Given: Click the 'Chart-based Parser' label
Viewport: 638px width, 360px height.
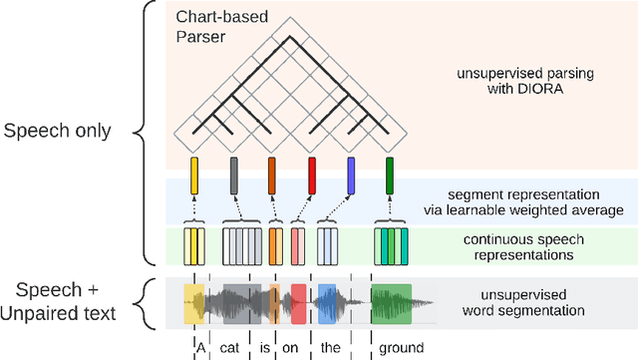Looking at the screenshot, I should tap(213, 27).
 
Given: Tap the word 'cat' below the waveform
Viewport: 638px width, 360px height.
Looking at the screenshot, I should tap(230, 347).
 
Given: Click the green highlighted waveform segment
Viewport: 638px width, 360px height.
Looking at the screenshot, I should tap(391, 303).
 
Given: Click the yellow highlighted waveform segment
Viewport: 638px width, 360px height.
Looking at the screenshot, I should tap(193, 303).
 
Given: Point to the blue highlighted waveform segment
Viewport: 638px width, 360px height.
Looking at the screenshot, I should tap(327, 303).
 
